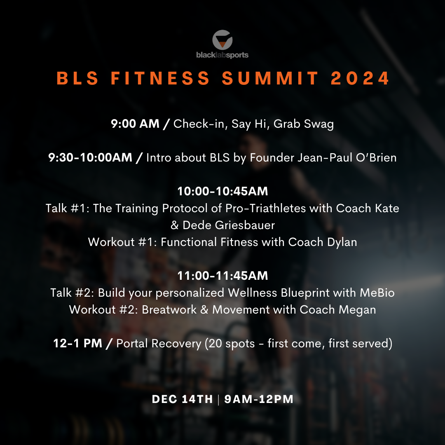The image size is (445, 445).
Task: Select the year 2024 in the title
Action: tap(360, 78)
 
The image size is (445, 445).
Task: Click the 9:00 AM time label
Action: tap(135, 124)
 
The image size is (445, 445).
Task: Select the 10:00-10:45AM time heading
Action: tap(222, 191)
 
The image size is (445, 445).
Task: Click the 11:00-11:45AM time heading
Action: tap(222, 276)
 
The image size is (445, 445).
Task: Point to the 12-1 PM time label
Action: tap(78, 343)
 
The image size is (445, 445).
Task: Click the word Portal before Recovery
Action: tap(134, 343)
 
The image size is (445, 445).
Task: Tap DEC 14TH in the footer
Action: tap(182, 399)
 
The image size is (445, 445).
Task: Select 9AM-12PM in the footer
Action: tap(259, 399)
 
